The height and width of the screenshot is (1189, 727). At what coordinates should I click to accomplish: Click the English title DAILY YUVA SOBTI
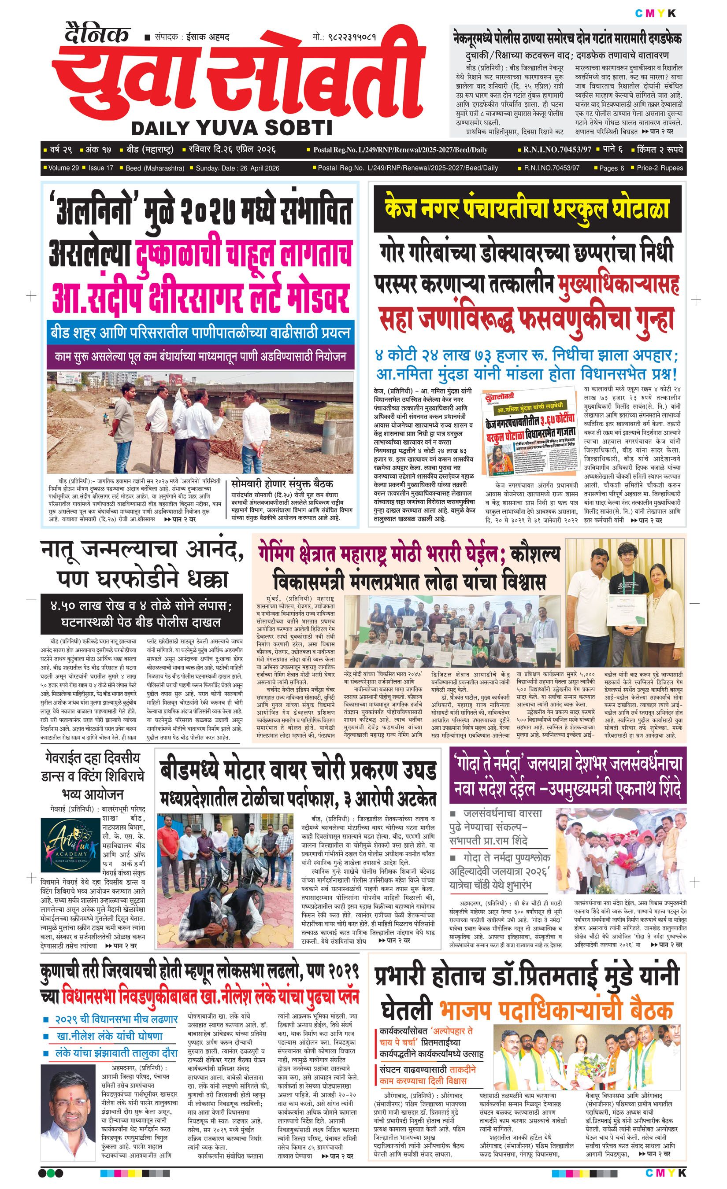tap(232, 128)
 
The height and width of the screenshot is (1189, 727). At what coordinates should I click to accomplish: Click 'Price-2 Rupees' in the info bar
tap(660, 168)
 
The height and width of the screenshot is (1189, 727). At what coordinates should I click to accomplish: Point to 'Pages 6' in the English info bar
tap(611, 168)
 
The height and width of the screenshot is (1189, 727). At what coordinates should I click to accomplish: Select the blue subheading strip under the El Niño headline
tap(200, 333)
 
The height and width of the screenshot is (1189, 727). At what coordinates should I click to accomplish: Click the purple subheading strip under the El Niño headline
tap(200, 357)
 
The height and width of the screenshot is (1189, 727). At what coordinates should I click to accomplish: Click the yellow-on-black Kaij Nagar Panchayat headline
tap(527, 209)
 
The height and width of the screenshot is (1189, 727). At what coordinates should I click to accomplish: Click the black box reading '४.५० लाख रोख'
tap(141, 613)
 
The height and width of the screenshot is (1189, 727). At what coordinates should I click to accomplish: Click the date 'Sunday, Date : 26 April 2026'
tap(237, 168)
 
